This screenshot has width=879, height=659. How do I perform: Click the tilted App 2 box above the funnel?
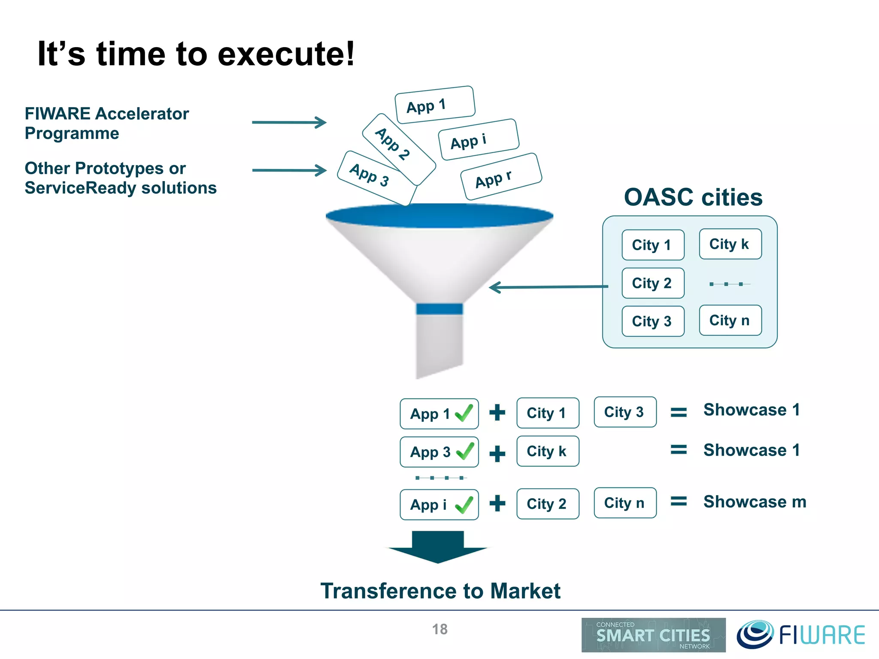click(399, 149)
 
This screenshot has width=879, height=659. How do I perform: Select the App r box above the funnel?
click(501, 177)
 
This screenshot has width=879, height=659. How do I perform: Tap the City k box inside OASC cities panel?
click(730, 244)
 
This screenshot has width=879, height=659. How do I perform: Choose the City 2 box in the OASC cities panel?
click(652, 283)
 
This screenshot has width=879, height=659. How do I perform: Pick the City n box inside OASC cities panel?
click(730, 320)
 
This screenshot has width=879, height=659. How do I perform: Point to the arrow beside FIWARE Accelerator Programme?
click(289, 122)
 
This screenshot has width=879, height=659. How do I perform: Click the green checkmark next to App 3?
click(465, 451)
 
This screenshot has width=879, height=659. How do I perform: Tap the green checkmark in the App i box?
click(464, 505)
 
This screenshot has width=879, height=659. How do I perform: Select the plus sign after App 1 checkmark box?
click(497, 413)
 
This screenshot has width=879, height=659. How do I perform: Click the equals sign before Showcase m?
click(679, 501)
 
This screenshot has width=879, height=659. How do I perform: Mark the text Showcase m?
click(755, 502)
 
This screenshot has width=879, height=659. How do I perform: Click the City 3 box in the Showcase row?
click(625, 412)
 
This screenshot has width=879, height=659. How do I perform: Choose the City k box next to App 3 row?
click(548, 451)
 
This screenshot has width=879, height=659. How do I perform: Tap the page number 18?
click(439, 629)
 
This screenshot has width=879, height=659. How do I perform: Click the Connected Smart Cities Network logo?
click(653, 635)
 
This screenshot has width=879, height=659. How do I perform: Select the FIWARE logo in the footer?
click(801, 635)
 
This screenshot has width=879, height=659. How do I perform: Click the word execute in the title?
click(286, 54)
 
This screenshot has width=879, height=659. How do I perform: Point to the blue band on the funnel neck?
click(439, 309)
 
